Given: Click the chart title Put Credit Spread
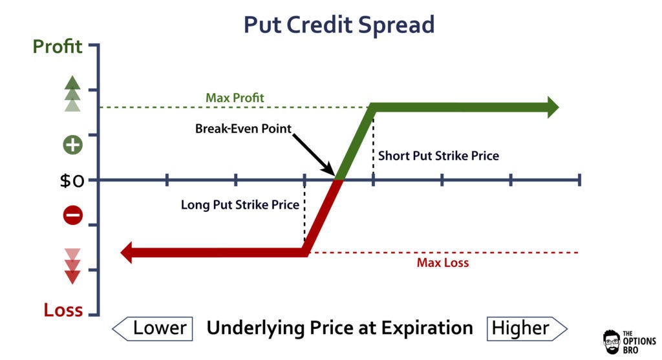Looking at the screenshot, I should coord(339,25).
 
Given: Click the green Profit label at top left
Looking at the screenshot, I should coord(58,47).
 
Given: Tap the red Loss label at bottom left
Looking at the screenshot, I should coord(63,310).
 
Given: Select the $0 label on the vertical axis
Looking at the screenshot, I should coord(73,180).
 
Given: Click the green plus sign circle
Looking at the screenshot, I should coord(72,144).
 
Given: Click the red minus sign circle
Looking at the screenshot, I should coord(72,216).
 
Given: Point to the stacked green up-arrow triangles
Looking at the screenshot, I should coord(72,94).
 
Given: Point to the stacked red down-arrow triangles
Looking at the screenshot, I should coord(72,266).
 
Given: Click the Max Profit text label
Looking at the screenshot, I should coord(235,98).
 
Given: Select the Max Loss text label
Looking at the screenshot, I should coord(443,263).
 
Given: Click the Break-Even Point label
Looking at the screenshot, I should coord(244,129).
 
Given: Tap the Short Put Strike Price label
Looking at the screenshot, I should coord(438,156).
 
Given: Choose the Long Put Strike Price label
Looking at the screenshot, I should coord(240,206).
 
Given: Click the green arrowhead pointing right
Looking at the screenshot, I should coord(551,107).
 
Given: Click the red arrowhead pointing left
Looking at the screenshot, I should coord(127,252).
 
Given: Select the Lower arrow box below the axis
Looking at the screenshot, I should coord(153,328).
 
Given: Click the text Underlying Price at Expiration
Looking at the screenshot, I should coord(339,328).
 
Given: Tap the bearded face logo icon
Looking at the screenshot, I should coord(612,342).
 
